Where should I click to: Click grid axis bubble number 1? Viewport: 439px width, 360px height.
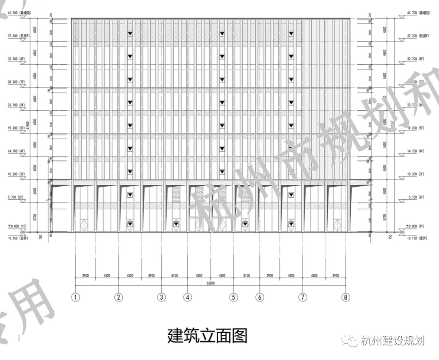pos(75,297)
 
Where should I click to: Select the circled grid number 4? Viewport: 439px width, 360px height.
pos(187,297)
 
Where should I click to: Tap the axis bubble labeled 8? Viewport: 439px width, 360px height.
pos(346,297)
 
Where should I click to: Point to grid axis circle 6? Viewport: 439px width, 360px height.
pos(259,297)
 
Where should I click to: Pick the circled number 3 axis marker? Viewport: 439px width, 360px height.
pos(161,297)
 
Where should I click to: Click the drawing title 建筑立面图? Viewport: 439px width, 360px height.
pos(207,336)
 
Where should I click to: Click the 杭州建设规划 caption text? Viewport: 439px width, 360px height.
pos(392,340)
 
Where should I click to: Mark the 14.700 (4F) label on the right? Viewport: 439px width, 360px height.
pos(415,151)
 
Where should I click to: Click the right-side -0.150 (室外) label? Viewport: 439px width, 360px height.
pos(417,238)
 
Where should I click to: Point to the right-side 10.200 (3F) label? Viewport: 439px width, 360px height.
pos(415,174)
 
